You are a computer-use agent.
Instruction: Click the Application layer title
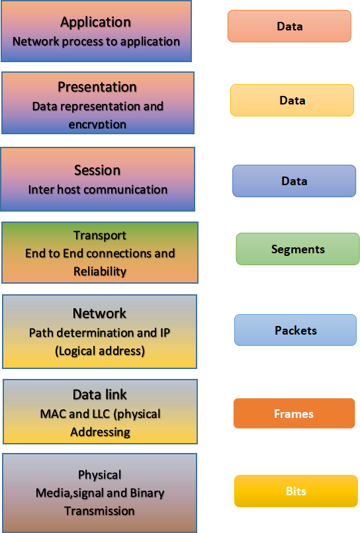tap(95, 22)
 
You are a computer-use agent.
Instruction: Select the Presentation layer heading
tap(97, 87)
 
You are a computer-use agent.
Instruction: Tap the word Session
tap(97, 170)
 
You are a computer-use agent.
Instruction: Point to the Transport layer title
tap(100, 235)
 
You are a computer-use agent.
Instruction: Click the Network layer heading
tap(99, 313)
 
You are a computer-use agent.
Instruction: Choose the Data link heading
tap(99, 395)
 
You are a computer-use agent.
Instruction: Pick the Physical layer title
tap(99, 475)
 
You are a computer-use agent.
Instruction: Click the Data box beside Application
tap(289, 26)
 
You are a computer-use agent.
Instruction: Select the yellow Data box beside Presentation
tap(292, 101)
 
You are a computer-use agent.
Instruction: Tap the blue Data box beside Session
tap(294, 181)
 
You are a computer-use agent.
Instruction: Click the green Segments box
tap(298, 249)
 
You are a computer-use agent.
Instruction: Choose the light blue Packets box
tap(296, 330)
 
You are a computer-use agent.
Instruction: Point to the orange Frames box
tap(294, 414)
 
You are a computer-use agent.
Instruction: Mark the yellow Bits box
tap(296, 491)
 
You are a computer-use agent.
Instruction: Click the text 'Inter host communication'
tap(97, 189)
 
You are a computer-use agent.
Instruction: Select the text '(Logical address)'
tap(99, 351)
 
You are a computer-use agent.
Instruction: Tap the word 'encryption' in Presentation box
tap(97, 124)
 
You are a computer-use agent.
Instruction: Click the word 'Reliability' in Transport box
tap(100, 271)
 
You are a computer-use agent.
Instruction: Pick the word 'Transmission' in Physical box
tap(99, 511)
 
